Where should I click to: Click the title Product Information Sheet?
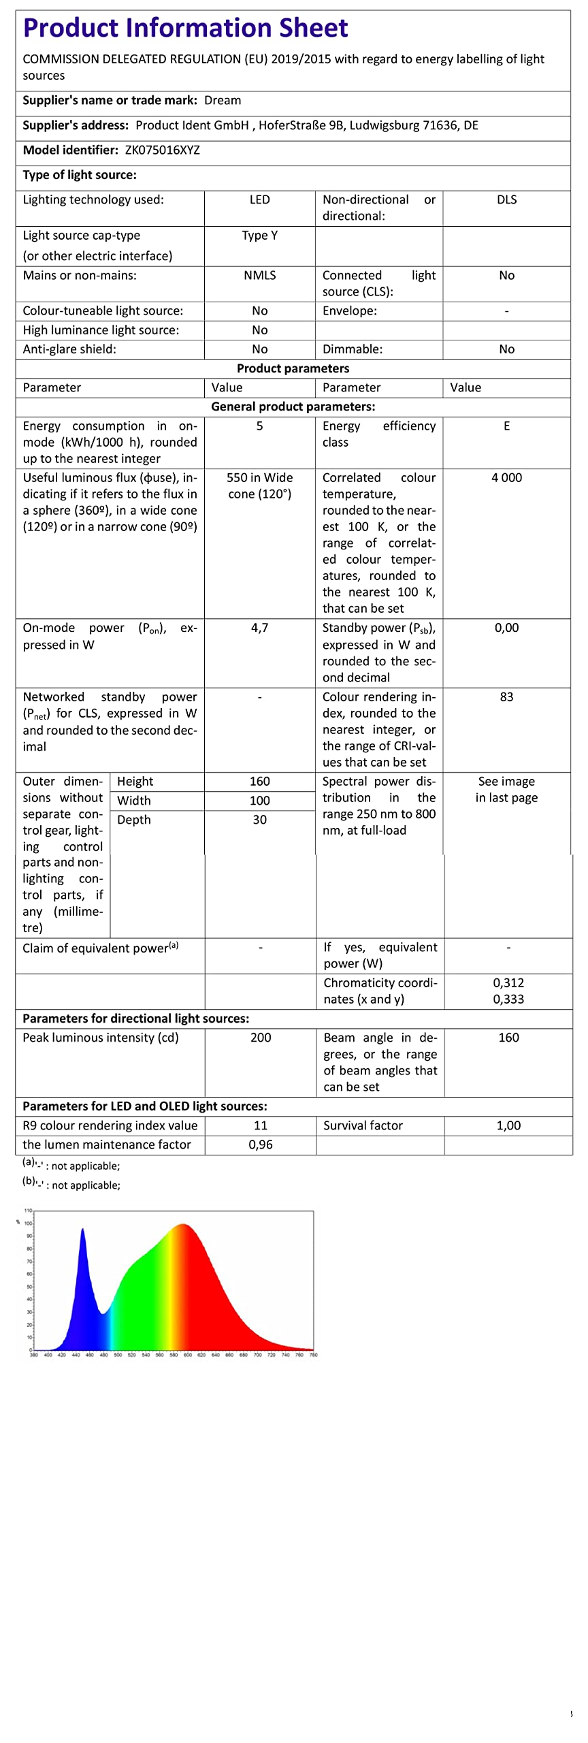pos(185,29)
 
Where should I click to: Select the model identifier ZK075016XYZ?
pos(162,150)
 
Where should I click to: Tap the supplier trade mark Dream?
pos(223,101)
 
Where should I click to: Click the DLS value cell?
pos(506,200)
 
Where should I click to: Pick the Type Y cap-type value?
pos(259,236)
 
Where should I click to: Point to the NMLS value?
pos(259,276)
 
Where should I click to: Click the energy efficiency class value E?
pos(506,426)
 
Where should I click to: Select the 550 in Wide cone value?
pos(259,486)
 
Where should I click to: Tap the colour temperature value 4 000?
pos(506,478)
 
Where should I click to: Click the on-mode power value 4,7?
pos(259,628)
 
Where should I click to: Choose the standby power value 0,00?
pos(506,628)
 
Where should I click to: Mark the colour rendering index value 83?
pos(506,697)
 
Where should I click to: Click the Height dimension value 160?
pos(259,782)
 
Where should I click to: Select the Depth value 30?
pos(259,820)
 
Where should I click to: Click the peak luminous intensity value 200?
pos(261,1038)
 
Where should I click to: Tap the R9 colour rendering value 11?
pos(261,1125)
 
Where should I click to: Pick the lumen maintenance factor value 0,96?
pos(261,1145)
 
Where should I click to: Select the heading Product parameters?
pos(293,368)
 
